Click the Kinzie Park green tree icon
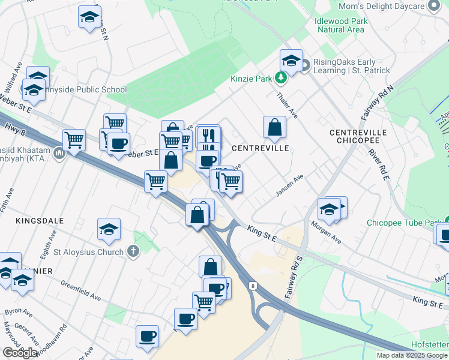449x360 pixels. coord(280,78)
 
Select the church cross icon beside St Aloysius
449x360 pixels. coord(133,251)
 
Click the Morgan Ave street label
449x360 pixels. coord(326,233)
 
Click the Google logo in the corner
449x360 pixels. coord(20,353)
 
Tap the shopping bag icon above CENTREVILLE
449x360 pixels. coord(274,127)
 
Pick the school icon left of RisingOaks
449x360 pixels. coord(291,61)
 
